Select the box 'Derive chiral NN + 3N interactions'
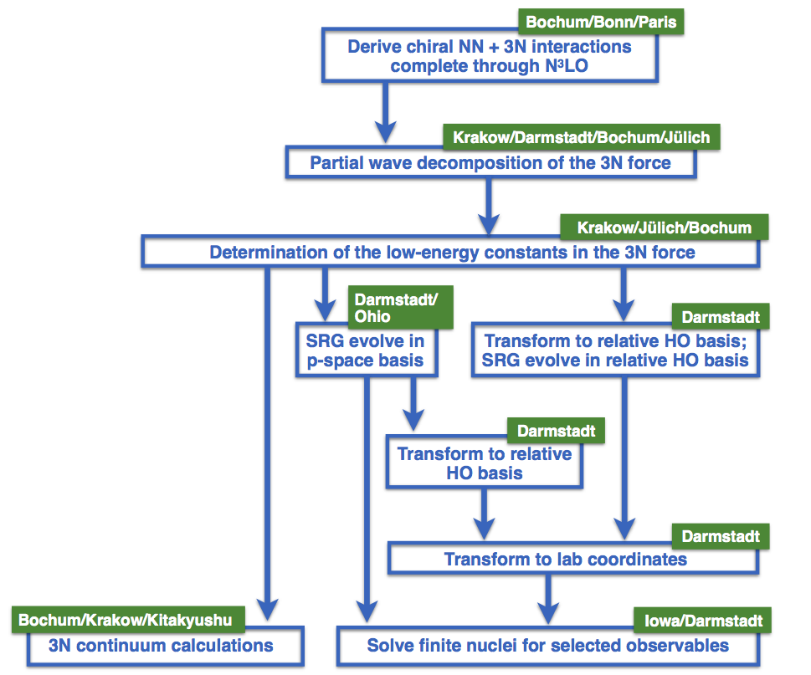click(x=490, y=55)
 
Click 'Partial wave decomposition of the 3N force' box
click(x=490, y=162)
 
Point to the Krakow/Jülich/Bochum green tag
click(x=664, y=228)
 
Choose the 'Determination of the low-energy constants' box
click(x=452, y=252)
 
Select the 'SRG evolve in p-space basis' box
click(x=364, y=351)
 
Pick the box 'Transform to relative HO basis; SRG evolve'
click(x=615, y=351)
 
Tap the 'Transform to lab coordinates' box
click(x=573, y=559)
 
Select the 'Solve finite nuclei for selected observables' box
click(x=547, y=646)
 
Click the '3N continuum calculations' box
click(x=161, y=646)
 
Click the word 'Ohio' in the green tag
click(x=372, y=317)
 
